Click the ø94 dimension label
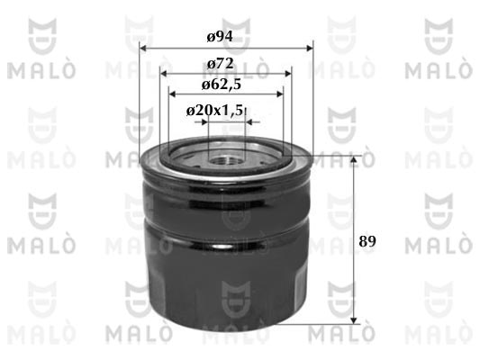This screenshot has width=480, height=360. click(x=220, y=37)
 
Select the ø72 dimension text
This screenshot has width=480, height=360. click(x=221, y=64)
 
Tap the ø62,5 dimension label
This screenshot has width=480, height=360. click(x=222, y=85)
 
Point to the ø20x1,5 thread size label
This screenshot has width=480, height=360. click(x=214, y=111)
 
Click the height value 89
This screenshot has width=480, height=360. click(x=367, y=241)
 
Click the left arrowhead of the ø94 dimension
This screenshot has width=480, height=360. click(x=143, y=49)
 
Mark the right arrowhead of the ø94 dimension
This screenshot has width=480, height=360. click(x=310, y=49)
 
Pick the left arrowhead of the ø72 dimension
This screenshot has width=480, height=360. click(x=164, y=74)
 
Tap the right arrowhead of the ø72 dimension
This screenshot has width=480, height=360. click(x=288, y=74)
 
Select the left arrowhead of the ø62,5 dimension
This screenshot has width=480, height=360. click(x=172, y=94)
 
